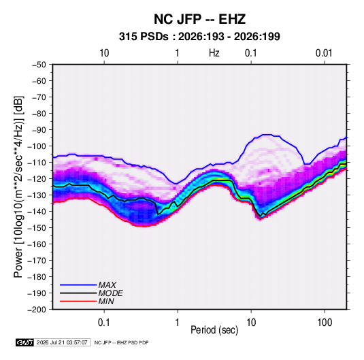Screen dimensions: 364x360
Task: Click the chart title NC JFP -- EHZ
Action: [x=199, y=19]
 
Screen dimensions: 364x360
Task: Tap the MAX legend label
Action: [x=107, y=284]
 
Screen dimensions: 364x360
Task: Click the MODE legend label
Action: [x=110, y=293]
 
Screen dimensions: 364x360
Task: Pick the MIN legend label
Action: [x=106, y=301]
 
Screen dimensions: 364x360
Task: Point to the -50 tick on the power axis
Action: [x=39, y=65]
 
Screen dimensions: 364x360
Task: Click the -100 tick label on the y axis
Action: [x=37, y=146]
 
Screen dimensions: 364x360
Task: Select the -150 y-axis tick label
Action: [x=37, y=228]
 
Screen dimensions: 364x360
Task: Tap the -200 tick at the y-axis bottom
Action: [x=37, y=310]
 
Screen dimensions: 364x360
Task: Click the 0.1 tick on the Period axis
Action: [x=104, y=323]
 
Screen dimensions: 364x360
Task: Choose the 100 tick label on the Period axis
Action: [x=325, y=323]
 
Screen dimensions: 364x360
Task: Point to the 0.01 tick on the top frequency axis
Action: [x=324, y=53]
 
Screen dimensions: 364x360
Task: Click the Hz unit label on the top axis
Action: [x=214, y=53]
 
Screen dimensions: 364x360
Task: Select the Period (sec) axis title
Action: [x=214, y=330]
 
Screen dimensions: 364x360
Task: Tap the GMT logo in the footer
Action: [x=25, y=342]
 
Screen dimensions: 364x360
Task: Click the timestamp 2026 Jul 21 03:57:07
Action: [x=62, y=342]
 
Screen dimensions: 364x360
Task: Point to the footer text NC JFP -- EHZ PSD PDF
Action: [x=121, y=342]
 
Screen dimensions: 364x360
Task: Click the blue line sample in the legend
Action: [x=78, y=285]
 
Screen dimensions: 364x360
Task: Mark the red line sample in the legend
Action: [x=78, y=301]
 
